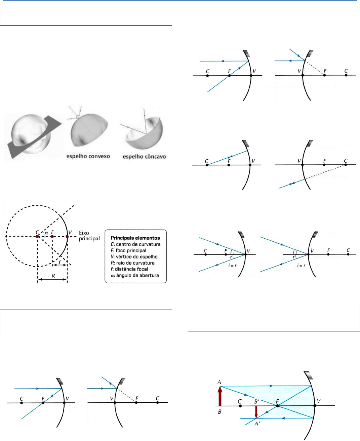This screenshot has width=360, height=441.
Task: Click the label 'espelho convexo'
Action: pos(88,156)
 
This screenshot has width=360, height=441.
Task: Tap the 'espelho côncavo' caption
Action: pos(144,157)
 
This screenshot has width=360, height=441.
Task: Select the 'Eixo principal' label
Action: pos(89,236)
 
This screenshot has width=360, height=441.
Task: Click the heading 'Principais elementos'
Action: pos(135,238)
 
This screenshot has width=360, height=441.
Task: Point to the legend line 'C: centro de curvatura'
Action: pos(135,244)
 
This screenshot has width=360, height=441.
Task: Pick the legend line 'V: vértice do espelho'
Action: pos(134,257)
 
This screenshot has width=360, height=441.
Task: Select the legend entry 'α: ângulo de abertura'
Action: pos(135,275)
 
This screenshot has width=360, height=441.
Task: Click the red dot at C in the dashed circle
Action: pos(37,237)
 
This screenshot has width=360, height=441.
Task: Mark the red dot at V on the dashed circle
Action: pos(67,237)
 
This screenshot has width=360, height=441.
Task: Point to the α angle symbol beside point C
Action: pos(47,233)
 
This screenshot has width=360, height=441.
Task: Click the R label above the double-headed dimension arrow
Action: pos(53,276)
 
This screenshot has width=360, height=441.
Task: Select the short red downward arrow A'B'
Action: pos(256,412)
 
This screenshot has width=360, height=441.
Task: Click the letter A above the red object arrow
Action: pos(219,382)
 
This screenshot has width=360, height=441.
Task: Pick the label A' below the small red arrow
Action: pos(257,424)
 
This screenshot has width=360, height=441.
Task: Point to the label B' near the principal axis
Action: pos(256,401)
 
